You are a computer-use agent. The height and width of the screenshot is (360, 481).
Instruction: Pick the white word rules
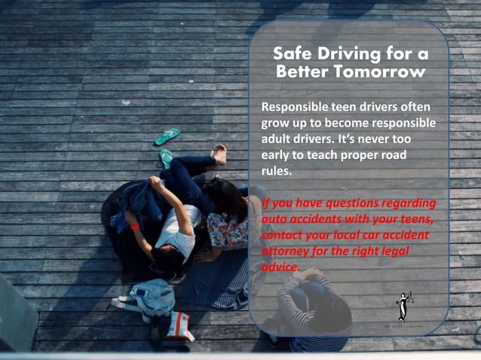[274, 172]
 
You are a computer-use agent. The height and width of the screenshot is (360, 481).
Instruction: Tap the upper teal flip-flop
[167, 136]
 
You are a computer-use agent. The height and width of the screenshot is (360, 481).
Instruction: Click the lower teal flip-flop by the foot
[166, 158]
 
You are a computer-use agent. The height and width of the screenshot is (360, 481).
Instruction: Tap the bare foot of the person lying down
[219, 155]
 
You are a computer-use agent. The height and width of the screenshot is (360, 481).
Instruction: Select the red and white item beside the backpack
[179, 325]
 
